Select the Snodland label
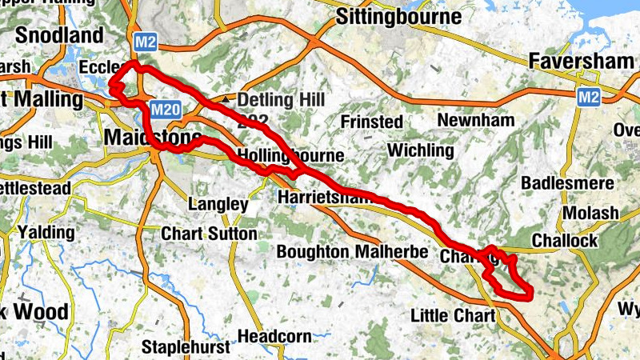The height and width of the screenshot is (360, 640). [60, 35]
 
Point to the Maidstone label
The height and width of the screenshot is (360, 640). [152, 138]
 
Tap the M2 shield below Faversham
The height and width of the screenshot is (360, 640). [590, 97]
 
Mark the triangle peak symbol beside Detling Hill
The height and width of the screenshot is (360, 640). [229, 99]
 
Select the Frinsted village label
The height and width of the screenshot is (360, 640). [371, 121]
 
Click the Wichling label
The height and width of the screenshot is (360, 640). [420, 150]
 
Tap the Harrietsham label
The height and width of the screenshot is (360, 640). [320, 196]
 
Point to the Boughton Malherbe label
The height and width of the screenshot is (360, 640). [347, 251]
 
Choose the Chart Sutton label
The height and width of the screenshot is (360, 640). [209, 234]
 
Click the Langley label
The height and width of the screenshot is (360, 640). [218, 205]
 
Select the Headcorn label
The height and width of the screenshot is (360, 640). [274, 336]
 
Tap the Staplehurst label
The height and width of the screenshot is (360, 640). [185, 347]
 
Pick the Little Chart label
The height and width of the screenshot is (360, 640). [453, 315]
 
